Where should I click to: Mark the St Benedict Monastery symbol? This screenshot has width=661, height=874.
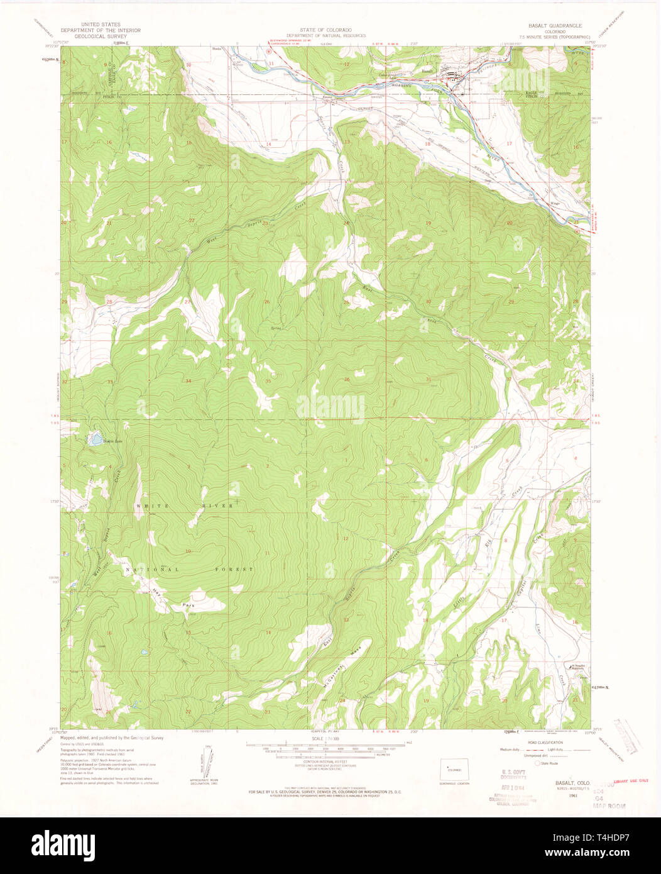pyautogui.click(x=571, y=665)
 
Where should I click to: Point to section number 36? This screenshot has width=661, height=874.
pyautogui.click(x=346, y=379)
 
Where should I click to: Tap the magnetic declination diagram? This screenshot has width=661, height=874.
pyautogui.click(x=207, y=760)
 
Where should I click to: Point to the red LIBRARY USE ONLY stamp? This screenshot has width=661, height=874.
pyautogui.click(x=630, y=781)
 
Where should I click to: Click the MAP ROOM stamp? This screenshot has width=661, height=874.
pyautogui.click(x=610, y=805)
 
